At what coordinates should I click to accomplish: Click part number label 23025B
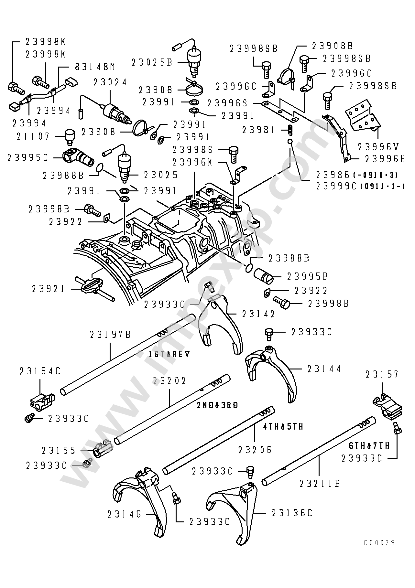click(152, 62)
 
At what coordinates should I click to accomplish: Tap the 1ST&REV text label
click(169, 354)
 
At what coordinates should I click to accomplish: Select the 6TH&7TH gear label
click(369, 445)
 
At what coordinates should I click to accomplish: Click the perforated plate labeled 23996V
click(362, 116)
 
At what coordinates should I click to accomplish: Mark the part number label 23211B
click(320, 484)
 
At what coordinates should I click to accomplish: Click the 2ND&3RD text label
click(217, 405)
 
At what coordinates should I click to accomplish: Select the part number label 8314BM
click(95, 67)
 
